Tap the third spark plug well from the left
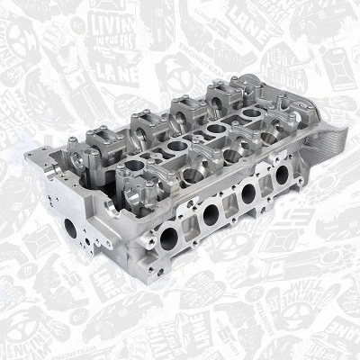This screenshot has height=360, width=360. [203, 130]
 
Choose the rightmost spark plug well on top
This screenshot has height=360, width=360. [232, 114]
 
